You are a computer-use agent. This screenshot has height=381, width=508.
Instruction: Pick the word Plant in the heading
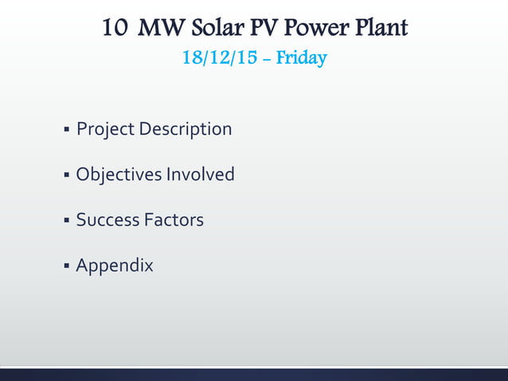point(379,29)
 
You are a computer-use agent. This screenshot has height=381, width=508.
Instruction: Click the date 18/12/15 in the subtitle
point(215,58)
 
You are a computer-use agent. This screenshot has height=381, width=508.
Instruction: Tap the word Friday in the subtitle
point(301,58)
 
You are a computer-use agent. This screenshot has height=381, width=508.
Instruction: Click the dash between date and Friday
point(267,59)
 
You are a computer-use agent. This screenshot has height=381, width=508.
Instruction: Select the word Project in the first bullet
point(104,128)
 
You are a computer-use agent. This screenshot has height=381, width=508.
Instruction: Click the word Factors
point(174,219)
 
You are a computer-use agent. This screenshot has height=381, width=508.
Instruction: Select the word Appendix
point(115,265)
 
